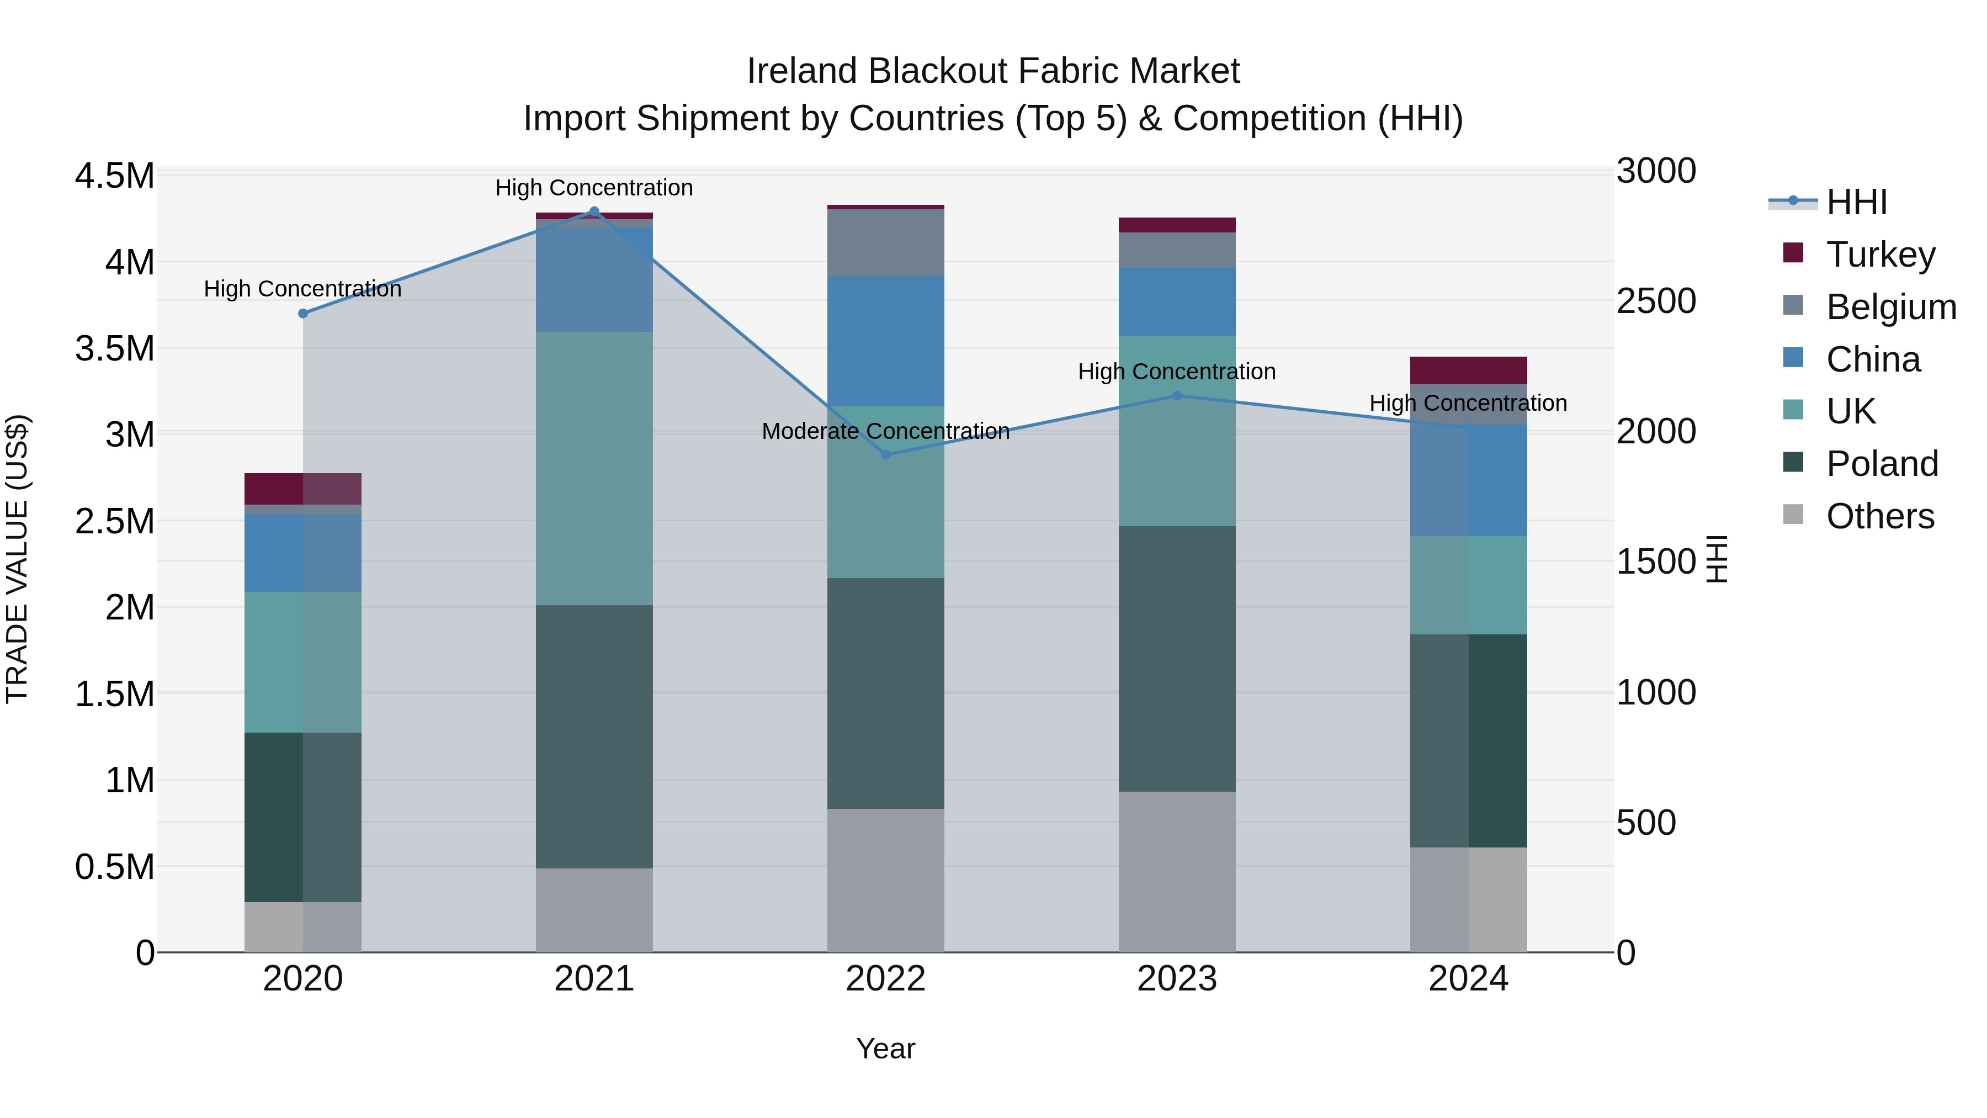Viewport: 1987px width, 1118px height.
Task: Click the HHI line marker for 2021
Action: [594, 211]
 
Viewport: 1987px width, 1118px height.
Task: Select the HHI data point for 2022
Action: [885, 454]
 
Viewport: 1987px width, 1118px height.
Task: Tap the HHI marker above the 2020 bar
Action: [303, 313]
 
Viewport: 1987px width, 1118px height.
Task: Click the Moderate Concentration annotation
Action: [885, 431]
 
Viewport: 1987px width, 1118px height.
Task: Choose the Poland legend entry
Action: [1882, 464]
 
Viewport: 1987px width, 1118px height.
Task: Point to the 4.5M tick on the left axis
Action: [114, 176]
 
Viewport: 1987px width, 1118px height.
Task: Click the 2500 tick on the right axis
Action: [1656, 301]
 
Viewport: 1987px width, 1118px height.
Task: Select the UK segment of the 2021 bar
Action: [594, 468]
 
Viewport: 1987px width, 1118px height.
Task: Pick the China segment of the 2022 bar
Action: [885, 341]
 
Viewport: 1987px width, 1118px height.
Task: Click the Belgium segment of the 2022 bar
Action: [885, 243]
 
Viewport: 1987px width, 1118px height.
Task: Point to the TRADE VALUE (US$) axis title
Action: [17, 559]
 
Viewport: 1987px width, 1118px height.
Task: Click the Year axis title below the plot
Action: [885, 1048]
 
